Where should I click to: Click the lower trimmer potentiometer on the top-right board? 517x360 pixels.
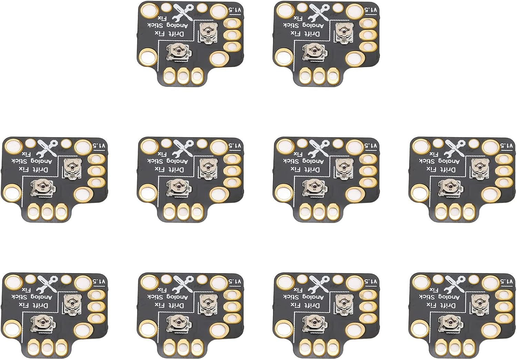(313, 52)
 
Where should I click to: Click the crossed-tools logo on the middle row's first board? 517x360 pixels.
(47, 149)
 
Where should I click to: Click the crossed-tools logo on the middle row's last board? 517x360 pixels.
(454, 149)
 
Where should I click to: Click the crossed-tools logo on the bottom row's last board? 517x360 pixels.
(454, 284)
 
